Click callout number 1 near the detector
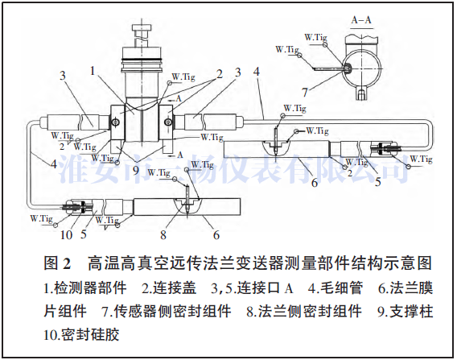click(x=94, y=71)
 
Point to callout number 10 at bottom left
click(x=68, y=236)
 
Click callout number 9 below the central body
click(x=135, y=170)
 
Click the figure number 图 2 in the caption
click(x=59, y=264)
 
